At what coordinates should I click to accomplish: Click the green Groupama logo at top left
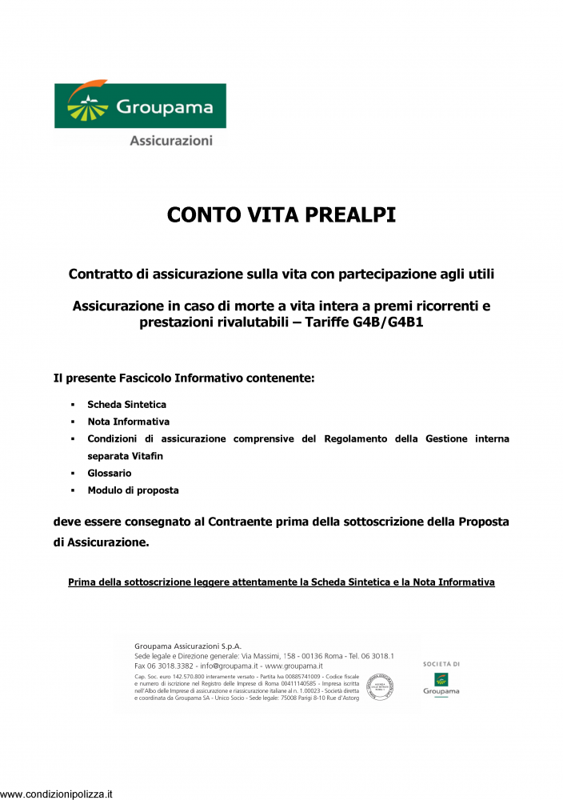pos(140,106)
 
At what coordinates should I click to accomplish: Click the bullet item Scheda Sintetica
pos(126,405)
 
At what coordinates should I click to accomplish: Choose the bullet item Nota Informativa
pos(128,422)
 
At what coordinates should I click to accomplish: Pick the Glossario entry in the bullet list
pos(109,473)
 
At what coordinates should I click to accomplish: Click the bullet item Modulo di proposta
pos(133,490)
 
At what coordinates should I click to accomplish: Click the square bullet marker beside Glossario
pos(73,474)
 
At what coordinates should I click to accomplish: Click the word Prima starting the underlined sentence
pos(82,582)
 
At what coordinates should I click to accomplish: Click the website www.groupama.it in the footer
pos(293,666)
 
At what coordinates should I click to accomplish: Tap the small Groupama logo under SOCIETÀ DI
pos(441,684)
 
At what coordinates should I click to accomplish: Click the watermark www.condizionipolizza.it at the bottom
pos(57,794)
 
